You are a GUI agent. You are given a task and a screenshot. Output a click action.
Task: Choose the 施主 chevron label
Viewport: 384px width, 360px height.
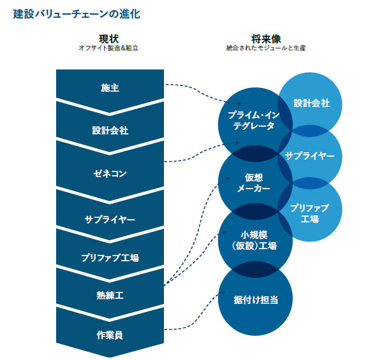coord(110,87)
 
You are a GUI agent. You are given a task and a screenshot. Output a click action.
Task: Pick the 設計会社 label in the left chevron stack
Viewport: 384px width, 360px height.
coord(110,131)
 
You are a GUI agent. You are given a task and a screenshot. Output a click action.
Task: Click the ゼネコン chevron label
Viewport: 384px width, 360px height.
coord(110,173)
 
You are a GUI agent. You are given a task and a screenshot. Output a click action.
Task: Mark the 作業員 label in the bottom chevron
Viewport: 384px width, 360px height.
coord(110,334)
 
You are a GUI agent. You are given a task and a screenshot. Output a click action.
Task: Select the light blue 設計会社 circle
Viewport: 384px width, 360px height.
coord(312,103)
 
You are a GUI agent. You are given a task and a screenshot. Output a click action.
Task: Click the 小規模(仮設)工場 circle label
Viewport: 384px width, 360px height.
coord(255,240)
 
